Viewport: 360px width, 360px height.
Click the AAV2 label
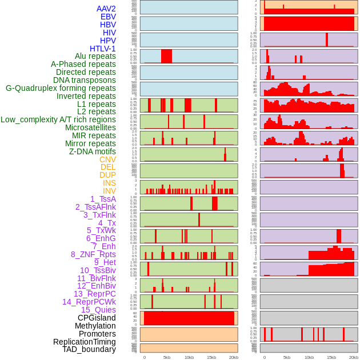pyautogui.click(x=106, y=9)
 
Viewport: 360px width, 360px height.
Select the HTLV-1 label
pyautogui.click(x=103, y=49)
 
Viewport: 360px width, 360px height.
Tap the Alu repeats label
pyautogui.click(x=95, y=56)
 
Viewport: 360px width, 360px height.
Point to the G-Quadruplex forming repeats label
pyautogui.click(x=61, y=88)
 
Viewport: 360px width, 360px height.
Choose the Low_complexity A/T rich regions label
pyautogui.click(x=58, y=119)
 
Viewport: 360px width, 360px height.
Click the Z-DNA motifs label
pyautogui.click(x=93, y=151)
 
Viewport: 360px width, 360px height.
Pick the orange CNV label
pyautogui.click(x=107, y=159)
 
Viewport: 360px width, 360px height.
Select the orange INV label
pyautogui.click(x=109, y=191)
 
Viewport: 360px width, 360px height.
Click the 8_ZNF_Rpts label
pyautogui.click(x=93, y=254)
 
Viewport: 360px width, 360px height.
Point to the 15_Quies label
pyautogui.click(x=98, y=310)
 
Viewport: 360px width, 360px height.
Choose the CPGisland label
pyautogui.click(x=97, y=318)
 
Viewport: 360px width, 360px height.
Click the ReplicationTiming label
pyautogui.click(x=85, y=342)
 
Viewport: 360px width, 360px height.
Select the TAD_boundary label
pyautogui.click(x=89, y=349)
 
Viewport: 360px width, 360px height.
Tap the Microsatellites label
pyautogui.click(x=90, y=127)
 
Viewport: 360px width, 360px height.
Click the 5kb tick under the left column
pyautogui.click(x=167, y=357)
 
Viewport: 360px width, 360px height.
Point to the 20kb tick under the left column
pyautogui.click(x=234, y=357)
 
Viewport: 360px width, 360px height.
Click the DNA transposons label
pyautogui.click(x=85, y=80)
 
